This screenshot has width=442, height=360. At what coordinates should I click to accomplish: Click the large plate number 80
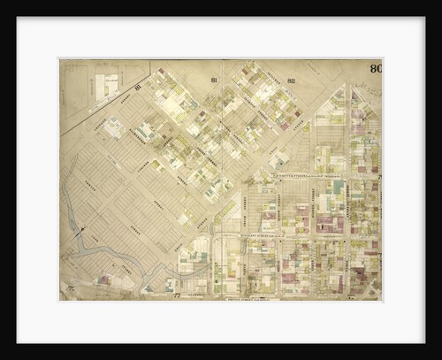[376, 68]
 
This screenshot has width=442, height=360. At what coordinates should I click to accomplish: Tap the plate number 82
[266, 80]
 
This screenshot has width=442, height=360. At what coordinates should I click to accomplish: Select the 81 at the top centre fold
[214, 80]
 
